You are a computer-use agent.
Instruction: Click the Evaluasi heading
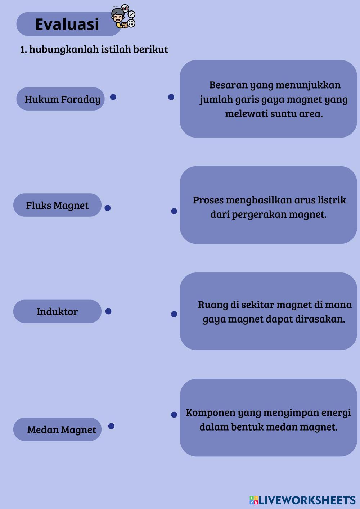pos(67,24)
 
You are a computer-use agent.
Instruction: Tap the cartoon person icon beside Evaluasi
pos(122,17)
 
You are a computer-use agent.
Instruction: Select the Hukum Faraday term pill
pos(60,99)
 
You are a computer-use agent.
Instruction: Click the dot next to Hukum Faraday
pos(113,97)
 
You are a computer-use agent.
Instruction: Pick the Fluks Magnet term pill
pos(57,205)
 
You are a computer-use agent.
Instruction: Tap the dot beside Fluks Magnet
pos(107,208)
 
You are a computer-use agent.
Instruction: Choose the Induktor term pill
pos(57,311)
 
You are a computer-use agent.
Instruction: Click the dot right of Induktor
pos(108,311)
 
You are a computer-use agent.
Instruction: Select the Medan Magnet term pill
pos(58,429)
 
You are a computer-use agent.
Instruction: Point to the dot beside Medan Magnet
pos(111,426)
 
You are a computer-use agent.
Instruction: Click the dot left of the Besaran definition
pos(171,97)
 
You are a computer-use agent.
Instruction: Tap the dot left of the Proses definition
pos(174,211)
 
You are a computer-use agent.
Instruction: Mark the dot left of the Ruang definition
pos(174,314)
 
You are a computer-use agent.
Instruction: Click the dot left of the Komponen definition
pos(174,415)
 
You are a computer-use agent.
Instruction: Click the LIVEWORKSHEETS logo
pos(302,500)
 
